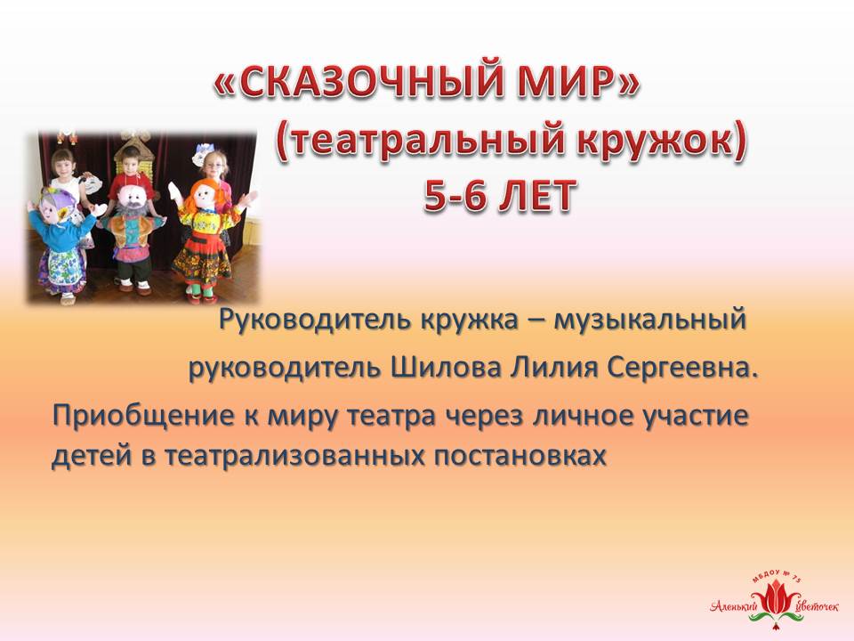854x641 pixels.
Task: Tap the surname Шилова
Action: click(446, 368)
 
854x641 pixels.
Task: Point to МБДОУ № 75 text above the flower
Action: click(777, 577)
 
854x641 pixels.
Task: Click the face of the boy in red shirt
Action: click(130, 158)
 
